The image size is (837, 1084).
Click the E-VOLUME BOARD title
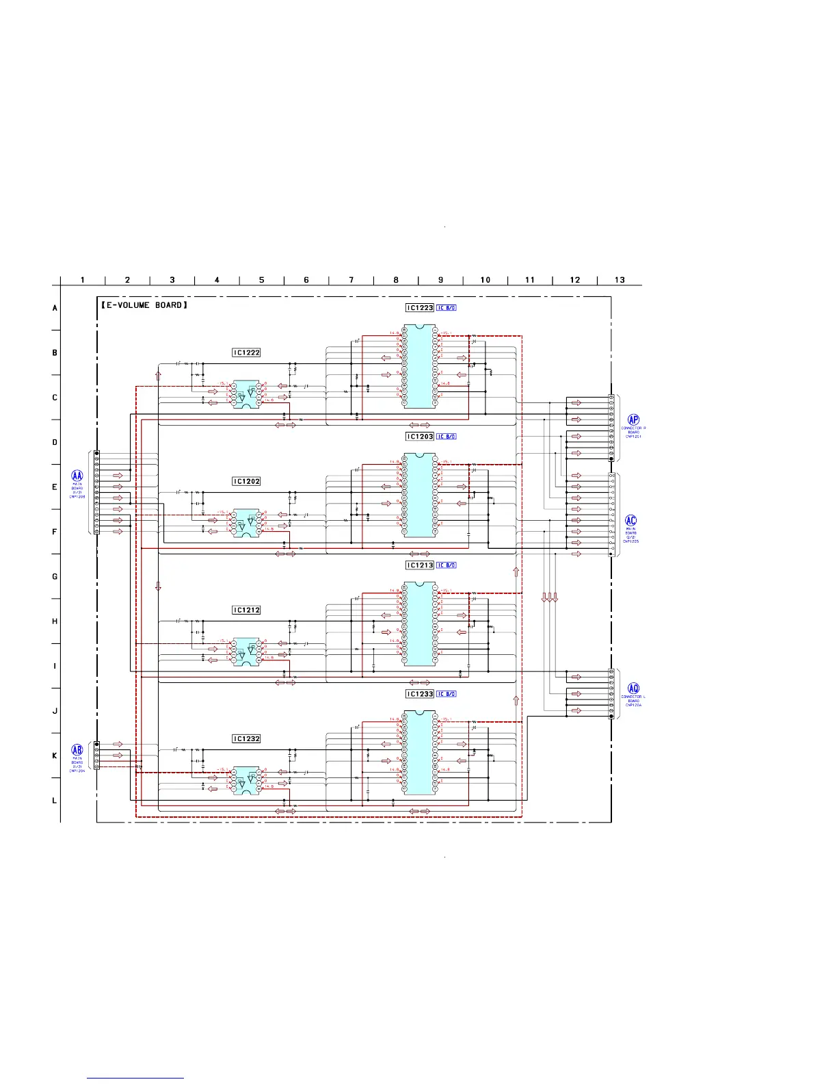[x=144, y=305]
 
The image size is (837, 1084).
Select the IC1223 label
[x=420, y=308]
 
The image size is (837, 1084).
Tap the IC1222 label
[x=246, y=353]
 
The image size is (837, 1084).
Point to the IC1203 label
[x=420, y=437]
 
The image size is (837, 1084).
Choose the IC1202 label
[x=246, y=482]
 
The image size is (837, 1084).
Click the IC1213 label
[x=420, y=565]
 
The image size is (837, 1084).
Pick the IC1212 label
[x=246, y=610]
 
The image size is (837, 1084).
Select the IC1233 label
[x=420, y=694]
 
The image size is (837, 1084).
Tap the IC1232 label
[x=246, y=739]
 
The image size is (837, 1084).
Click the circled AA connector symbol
[x=77, y=476]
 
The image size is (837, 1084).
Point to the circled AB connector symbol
[x=77, y=750]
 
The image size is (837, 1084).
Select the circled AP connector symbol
[x=633, y=420]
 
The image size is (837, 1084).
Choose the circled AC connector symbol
[x=631, y=521]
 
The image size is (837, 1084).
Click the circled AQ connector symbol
[x=633, y=688]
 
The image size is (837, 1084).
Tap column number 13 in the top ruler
[x=620, y=280]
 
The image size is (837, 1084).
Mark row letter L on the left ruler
[x=55, y=801]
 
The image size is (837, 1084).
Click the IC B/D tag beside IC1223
[x=447, y=308]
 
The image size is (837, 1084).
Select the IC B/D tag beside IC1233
[x=447, y=694]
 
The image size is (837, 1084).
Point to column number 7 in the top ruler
[x=351, y=280]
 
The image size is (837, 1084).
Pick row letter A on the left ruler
[x=55, y=308]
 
